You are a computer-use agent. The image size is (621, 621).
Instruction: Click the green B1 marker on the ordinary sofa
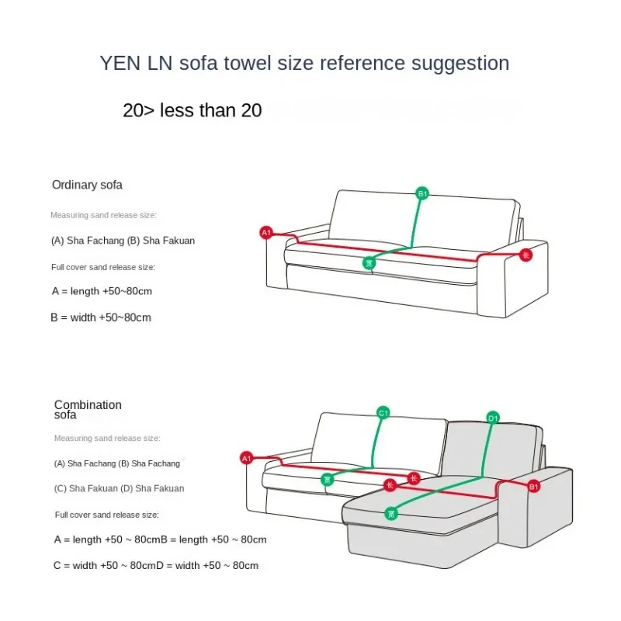point(422,193)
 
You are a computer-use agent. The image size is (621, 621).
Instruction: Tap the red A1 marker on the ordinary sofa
point(265,232)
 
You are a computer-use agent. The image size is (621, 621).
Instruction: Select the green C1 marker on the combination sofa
point(383,413)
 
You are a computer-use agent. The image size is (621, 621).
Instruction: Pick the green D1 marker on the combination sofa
point(492,418)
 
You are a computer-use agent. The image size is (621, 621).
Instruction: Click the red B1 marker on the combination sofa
point(533,487)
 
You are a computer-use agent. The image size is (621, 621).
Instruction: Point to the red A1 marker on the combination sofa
point(247,458)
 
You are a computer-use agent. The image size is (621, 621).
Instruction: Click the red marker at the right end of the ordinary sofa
point(526,255)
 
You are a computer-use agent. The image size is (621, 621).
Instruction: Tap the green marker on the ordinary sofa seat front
point(369,263)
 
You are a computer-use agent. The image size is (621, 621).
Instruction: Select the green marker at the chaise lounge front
point(391,512)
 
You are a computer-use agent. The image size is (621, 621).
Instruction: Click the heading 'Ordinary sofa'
point(87,185)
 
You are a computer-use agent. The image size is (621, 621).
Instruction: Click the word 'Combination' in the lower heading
point(88,404)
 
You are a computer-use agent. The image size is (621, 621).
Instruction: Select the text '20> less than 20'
point(192,110)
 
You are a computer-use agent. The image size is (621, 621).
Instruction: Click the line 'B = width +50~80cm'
point(101,317)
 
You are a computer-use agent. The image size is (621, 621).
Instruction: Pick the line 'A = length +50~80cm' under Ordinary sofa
point(101,291)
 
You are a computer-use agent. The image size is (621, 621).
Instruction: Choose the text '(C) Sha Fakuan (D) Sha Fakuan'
point(119,488)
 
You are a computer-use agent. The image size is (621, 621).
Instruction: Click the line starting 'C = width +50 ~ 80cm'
point(156,565)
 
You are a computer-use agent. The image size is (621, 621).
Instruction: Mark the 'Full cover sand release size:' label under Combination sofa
point(106,514)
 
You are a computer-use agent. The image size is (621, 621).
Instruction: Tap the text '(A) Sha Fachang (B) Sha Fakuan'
point(123,241)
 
